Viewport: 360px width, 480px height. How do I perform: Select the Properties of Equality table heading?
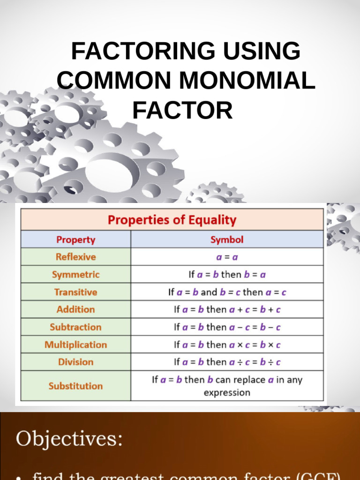pos(172,220)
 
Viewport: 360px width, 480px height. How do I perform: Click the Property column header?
pos(75,240)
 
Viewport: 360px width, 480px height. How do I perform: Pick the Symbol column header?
pos(227,240)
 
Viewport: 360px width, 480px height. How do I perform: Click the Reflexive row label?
pos(75,257)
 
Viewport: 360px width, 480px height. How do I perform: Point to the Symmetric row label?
pos(75,274)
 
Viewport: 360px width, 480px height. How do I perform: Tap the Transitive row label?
pos(75,292)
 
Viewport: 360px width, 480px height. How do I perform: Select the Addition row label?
pos(75,309)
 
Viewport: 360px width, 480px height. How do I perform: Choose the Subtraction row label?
pos(75,327)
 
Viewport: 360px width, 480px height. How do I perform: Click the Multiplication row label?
pos(75,345)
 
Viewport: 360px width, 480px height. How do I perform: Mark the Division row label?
pos(75,362)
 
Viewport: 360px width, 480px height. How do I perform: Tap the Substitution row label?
pos(75,386)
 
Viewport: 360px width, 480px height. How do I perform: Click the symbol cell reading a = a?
pos(227,257)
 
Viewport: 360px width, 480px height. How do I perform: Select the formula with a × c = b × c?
pos(227,345)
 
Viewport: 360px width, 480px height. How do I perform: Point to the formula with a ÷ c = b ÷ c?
pos(227,362)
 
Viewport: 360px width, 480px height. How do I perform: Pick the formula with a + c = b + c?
pos(227,309)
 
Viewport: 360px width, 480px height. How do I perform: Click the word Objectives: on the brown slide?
pos(69,439)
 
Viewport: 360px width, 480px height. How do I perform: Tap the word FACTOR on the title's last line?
pos(182,111)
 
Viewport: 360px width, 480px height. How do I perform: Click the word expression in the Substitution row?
pos(227,392)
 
